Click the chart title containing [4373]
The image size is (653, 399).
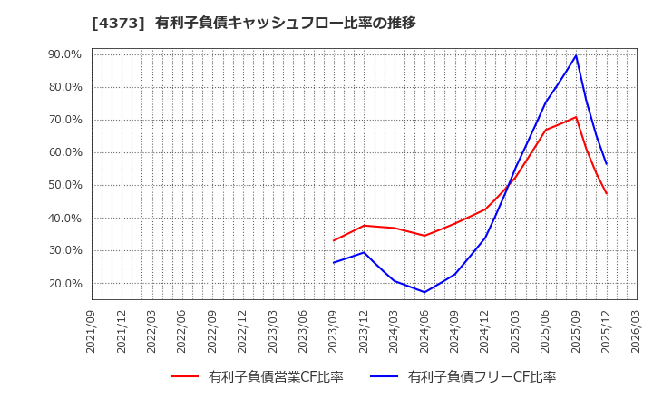click(254, 23)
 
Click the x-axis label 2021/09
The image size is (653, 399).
click(92, 331)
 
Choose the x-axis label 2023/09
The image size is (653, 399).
click(334, 331)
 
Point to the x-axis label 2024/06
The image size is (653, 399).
click(424, 331)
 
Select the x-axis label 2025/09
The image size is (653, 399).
click(576, 331)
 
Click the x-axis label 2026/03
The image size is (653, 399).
click(637, 331)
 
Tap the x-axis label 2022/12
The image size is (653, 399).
click(243, 331)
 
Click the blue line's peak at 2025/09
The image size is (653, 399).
click(576, 55)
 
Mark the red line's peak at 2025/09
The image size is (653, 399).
click(576, 117)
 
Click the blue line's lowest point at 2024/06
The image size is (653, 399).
click(424, 292)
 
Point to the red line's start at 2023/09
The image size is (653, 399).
click(334, 240)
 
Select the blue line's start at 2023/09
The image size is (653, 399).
click(334, 263)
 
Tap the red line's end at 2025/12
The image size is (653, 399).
click(607, 193)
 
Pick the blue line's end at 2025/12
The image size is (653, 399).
click(607, 164)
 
